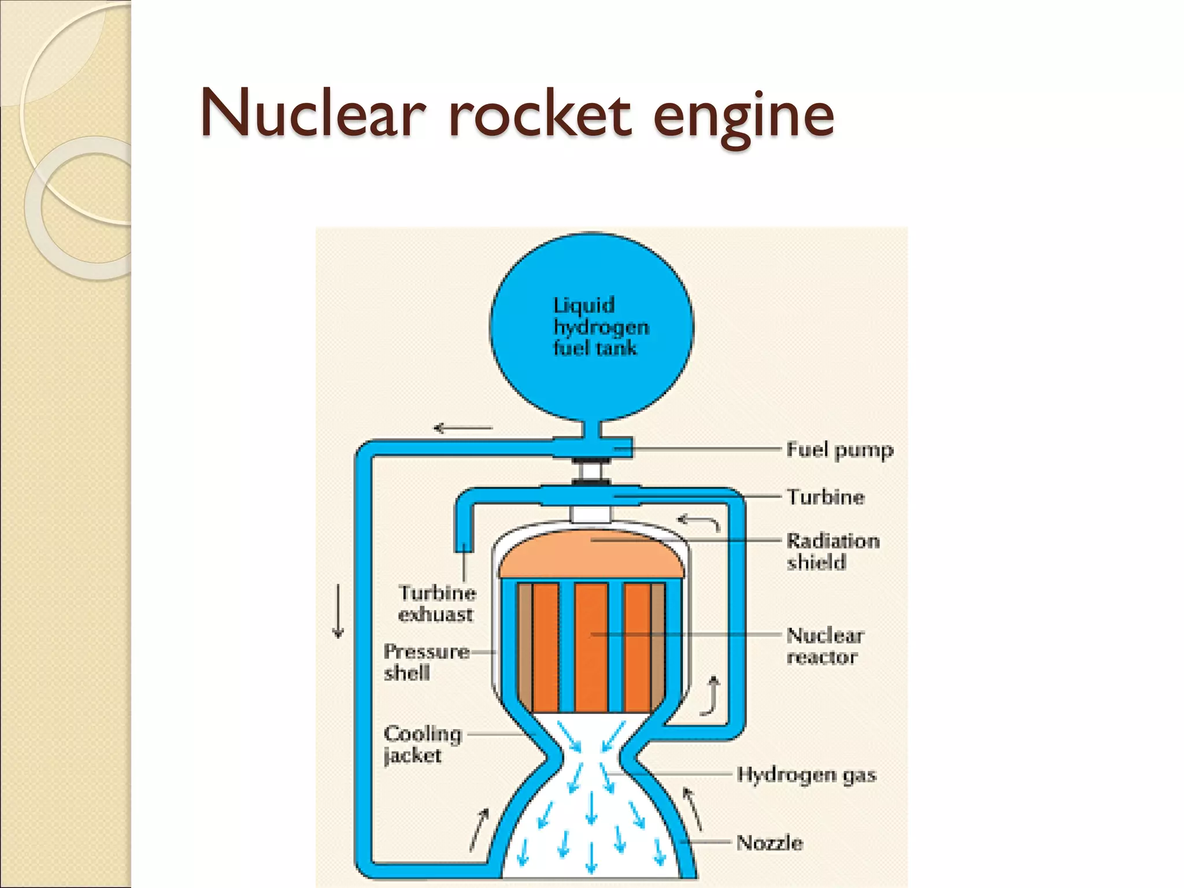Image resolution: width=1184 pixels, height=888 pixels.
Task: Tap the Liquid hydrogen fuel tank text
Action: click(x=600, y=327)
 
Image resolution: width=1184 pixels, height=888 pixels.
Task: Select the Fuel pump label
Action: click(x=839, y=450)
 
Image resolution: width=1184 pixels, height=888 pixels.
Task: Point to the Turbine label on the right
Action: click(x=826, y=497)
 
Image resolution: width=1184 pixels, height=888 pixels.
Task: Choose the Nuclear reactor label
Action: click(x=824, y=646)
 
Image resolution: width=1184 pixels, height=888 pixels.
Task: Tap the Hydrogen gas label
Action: click(x=806, y=775)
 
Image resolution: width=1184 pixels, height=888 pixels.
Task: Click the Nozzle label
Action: click(x=769, y=843)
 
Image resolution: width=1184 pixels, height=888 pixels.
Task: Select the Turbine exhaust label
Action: click(x=437, y=604)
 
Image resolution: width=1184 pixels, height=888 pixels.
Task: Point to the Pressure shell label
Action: click(x=426, y=662)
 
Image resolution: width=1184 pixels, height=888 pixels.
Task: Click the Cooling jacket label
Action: click(x=422, y=744)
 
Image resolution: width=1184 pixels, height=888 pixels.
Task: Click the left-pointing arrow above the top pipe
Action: click(x=462, y=428)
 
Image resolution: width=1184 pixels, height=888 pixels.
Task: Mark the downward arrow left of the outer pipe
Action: click(x=338, y=612)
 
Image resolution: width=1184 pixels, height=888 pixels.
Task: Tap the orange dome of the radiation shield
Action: click(x=591, y=555)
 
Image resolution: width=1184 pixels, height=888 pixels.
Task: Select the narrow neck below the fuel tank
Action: click(x=591, y=429)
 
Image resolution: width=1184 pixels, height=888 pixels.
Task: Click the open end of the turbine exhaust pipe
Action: click(x=463, y=546)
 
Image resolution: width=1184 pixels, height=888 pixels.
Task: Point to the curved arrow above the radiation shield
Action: click(x=699, y=522)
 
